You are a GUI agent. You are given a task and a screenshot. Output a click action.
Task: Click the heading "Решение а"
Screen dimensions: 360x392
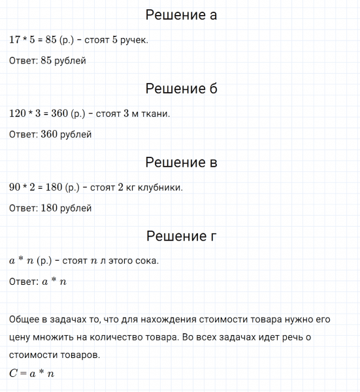181,15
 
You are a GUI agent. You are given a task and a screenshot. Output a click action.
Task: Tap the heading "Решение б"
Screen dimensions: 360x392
181,88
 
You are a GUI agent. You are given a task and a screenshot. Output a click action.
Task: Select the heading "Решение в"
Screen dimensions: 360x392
181,162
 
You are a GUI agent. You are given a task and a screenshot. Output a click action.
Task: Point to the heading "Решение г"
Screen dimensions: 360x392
181,236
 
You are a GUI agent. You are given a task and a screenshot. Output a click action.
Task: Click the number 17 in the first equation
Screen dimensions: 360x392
16,40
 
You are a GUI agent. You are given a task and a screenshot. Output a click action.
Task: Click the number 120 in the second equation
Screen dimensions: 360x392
18,114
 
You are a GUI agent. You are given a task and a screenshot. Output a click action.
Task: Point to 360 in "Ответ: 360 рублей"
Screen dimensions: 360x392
50,135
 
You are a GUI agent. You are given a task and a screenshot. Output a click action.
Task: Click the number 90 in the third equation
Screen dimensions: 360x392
16,188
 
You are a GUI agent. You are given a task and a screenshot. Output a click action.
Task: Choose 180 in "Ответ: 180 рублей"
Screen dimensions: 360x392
50,208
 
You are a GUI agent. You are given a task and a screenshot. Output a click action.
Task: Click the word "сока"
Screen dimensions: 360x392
144,261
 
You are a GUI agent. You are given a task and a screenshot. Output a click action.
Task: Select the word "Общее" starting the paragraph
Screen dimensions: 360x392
25,319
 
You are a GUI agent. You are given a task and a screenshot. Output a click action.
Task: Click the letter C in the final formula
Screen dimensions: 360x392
14,374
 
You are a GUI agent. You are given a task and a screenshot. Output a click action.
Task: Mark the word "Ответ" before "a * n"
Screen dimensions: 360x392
23,282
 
